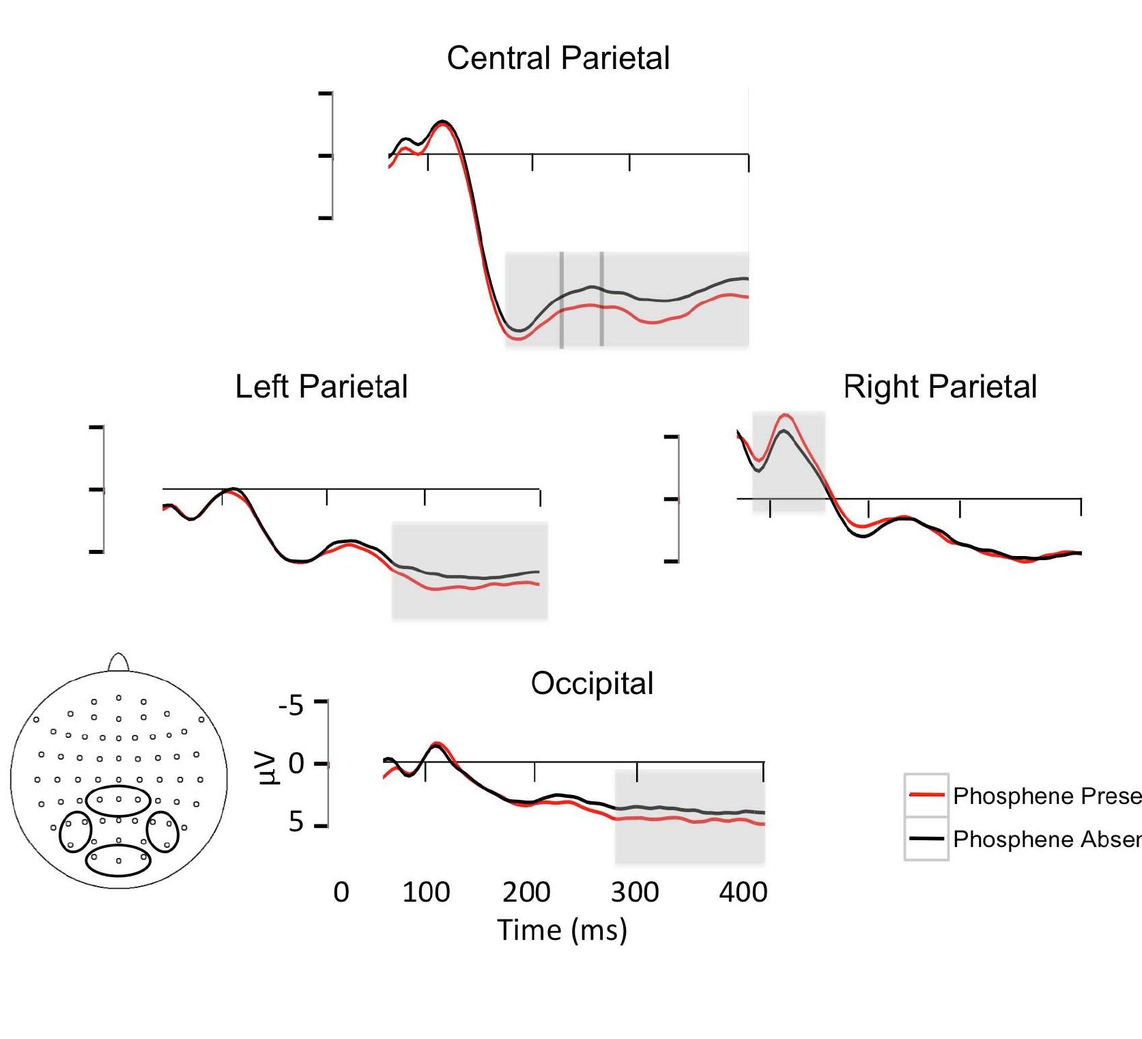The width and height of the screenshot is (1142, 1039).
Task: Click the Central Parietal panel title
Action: pos(558,58)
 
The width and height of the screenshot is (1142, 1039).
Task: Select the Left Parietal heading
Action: pos(321,387)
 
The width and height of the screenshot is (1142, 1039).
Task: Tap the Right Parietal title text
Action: pos(940,387)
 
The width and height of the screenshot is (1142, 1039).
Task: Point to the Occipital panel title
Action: pos(592,683)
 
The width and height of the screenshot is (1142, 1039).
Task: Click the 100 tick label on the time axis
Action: pos(426,892)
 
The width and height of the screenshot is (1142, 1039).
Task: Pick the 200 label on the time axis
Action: pos(526,892)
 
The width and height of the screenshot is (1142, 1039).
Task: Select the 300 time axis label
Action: pos(635,892)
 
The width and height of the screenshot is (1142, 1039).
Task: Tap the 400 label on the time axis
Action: pos(743,892)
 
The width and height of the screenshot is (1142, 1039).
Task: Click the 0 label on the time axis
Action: pos(341,892)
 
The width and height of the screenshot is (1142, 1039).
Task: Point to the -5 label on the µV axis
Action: pos(291,705)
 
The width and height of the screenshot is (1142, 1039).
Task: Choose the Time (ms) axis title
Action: pos(562,930)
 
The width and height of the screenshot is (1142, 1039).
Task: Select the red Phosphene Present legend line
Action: pos(926,795)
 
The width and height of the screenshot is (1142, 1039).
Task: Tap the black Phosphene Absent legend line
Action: pos(926,838)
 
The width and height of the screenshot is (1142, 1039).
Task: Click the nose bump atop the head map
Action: pos(119,663)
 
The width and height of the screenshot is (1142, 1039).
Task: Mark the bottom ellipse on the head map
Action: pos(118,860)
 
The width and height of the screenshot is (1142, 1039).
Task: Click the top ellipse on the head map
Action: pos(118,800)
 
